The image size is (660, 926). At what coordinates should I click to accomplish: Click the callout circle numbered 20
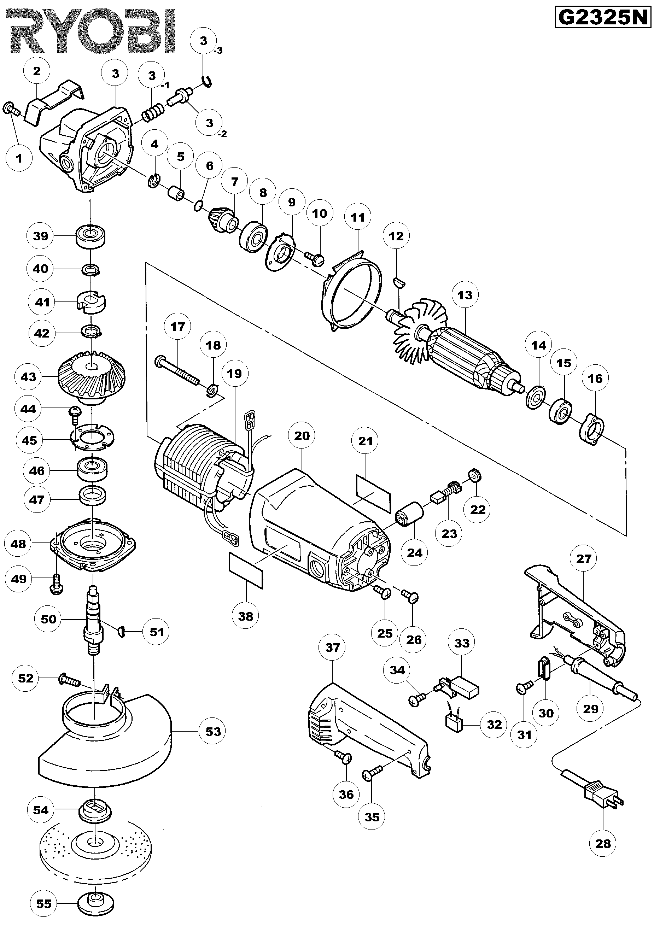pyautogui.click(x=302, y=436)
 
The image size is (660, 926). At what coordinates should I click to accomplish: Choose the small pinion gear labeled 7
pyautogui.click(x=223, y=219)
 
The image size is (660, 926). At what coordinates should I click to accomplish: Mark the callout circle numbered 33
pyautogui.click(x=462, y=643)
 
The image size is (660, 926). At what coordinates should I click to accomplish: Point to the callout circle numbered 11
pyautogui.click(x=358, y=217)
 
